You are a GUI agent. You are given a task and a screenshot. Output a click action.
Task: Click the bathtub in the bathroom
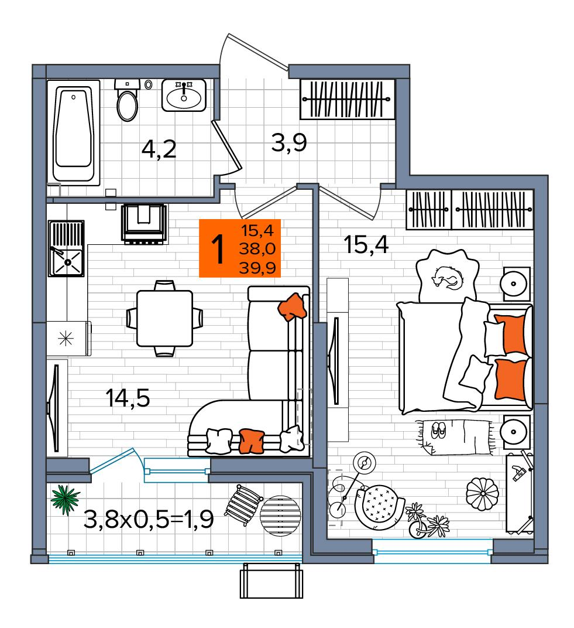click(73, 132)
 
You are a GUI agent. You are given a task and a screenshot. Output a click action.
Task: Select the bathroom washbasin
click(184, 95)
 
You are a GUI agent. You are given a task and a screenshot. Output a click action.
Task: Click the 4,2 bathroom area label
click(159, 149)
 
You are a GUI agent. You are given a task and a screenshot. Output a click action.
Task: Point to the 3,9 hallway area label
click(289, 142)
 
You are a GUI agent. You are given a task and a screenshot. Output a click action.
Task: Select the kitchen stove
click(145, 223)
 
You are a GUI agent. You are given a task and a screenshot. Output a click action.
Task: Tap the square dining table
click(164, 319)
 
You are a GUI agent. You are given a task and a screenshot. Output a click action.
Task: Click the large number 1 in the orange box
click(218, 249)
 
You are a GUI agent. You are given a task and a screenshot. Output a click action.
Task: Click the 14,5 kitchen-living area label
click(128, 398)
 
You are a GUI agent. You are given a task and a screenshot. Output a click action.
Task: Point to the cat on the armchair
click(448, 277)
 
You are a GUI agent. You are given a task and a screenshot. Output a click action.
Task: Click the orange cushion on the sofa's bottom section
click(251, 441)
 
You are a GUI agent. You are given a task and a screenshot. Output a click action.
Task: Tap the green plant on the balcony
click(65, 500)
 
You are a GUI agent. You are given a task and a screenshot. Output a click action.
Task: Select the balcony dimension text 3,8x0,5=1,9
click(149, 520)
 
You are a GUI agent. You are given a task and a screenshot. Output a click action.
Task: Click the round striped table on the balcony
click(280, 515)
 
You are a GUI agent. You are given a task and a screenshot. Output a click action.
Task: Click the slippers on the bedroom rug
click(438, 431)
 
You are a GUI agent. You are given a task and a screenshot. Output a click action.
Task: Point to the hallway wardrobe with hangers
click(347, 100)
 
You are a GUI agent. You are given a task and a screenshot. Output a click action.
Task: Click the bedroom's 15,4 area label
click(366, 245)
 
